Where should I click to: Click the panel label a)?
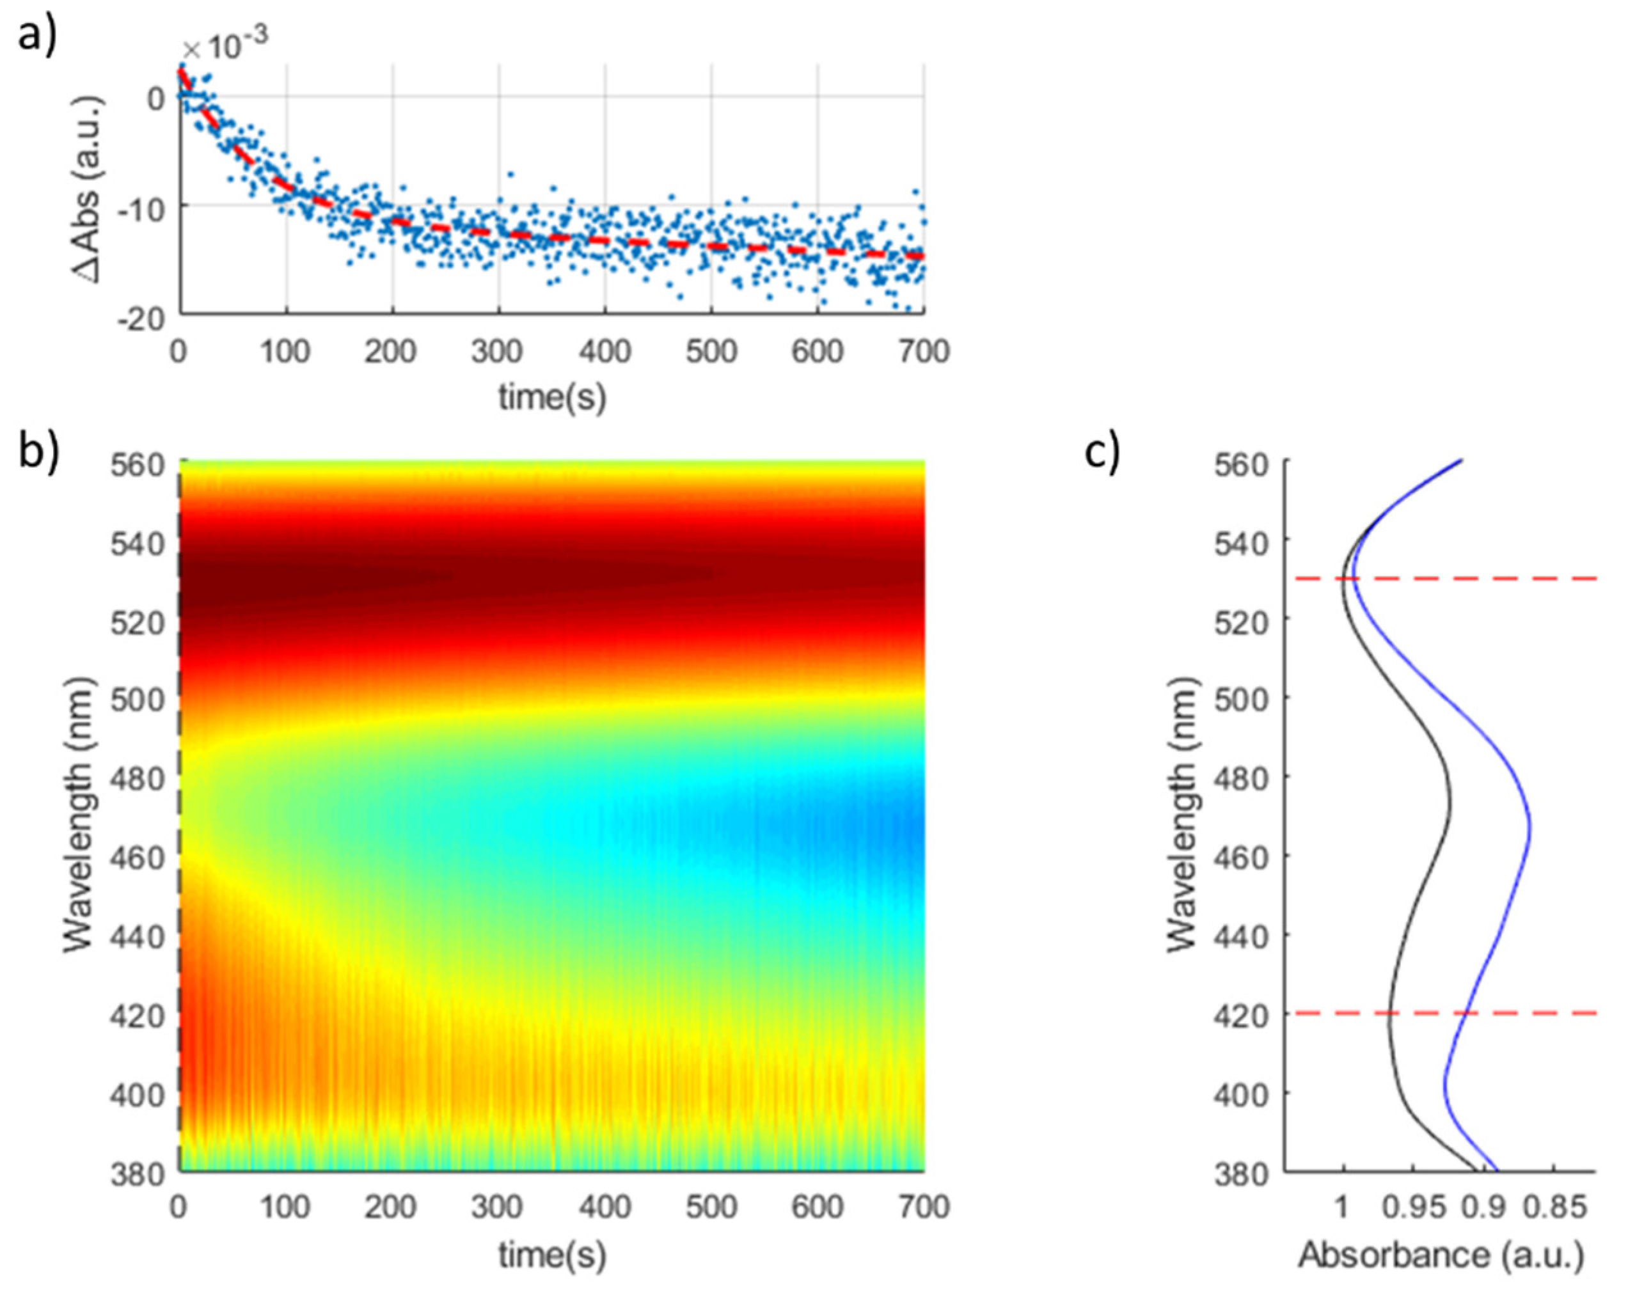(x=36, y=34)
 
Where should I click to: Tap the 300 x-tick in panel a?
(x=497, y=352)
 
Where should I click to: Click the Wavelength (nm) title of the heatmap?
(x=79, y=815)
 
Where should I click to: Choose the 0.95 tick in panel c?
(x=1412, y=1208)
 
